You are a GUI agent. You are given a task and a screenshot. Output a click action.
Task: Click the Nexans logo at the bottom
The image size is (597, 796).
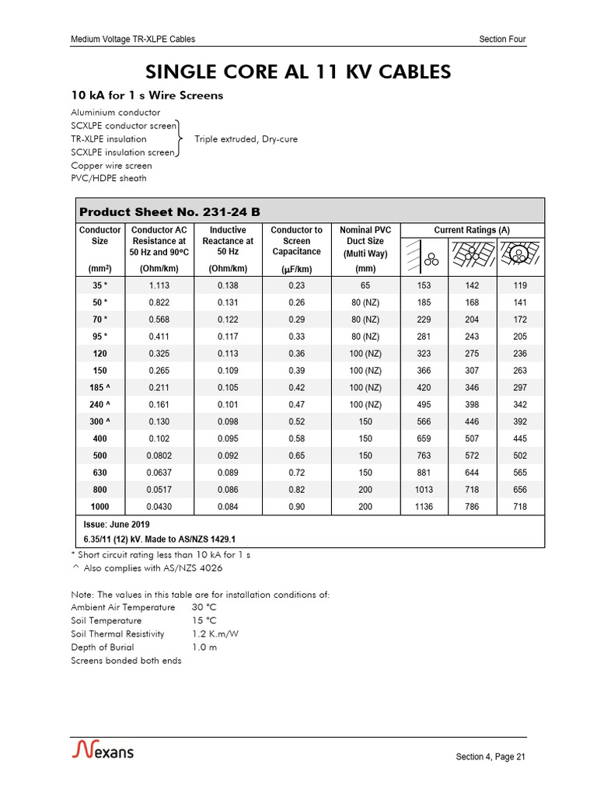click(x=103, y=750)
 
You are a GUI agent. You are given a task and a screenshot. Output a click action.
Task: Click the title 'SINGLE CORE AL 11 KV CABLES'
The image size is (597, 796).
click(x=298, y=72)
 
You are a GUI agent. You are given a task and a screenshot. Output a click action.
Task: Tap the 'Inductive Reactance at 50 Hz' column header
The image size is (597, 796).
click(x=228, y=241)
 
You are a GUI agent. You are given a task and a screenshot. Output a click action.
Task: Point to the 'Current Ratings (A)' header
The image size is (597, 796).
click(x=471, y=230)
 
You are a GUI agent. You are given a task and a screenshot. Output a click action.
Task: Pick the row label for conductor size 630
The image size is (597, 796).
click(x=99, y=473)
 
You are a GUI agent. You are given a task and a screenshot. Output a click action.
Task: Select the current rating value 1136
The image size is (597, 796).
click(x=424, y=507)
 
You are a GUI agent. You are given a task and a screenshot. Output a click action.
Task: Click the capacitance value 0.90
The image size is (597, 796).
click(x=296, y=507)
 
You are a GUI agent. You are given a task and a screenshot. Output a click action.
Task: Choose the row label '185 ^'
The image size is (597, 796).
click(x=99, y=388)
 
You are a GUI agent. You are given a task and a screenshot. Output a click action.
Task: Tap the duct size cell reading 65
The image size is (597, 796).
click(x=365, y=285)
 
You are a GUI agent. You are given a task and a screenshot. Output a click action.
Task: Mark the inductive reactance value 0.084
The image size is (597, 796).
click(x=228, y=507)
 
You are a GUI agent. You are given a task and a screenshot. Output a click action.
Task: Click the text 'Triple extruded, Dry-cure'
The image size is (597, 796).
click(x=246, y=139)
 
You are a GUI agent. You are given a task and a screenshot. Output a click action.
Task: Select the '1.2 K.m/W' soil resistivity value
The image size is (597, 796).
click(x=215, y=634)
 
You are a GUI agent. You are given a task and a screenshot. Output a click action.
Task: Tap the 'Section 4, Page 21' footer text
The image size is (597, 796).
click(x=491, y=758)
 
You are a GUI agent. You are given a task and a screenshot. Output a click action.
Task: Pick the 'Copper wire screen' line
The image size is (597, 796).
click(x=111, y=166)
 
